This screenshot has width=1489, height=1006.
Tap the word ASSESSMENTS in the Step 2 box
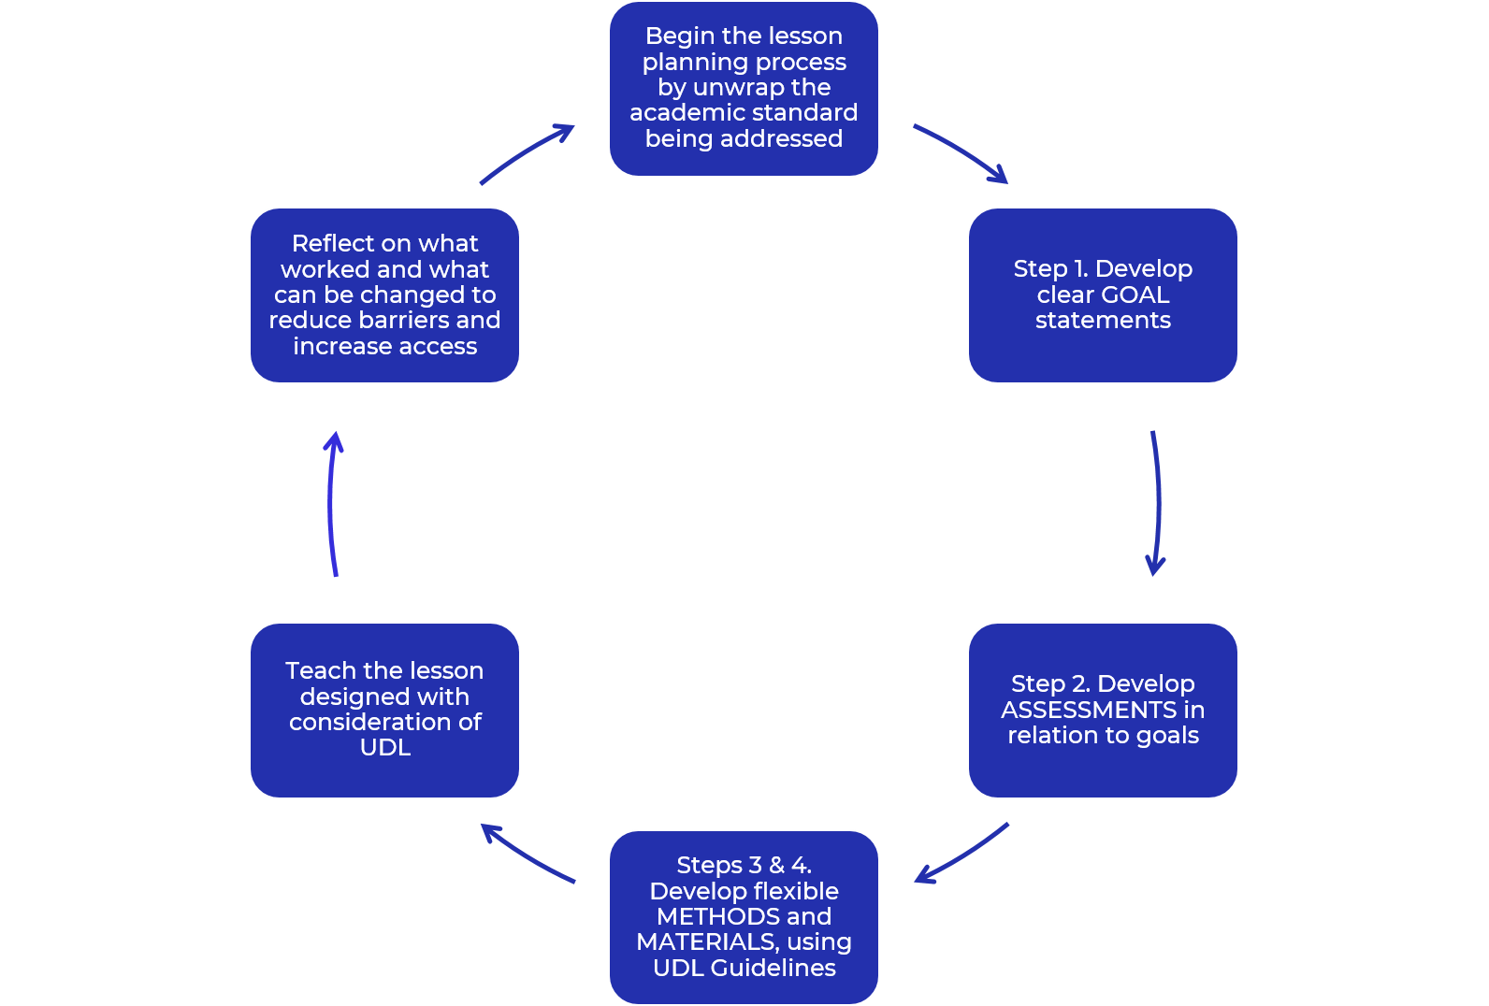1089,711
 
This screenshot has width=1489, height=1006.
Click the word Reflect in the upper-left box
332,244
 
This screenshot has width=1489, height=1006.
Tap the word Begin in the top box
679,36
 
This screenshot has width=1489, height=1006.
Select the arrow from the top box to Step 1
961,153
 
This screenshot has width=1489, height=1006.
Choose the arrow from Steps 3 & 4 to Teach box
527,854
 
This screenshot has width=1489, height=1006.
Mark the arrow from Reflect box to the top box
527,153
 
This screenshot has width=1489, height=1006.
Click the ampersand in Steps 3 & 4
776,866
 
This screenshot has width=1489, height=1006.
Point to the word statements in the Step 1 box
1103,321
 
